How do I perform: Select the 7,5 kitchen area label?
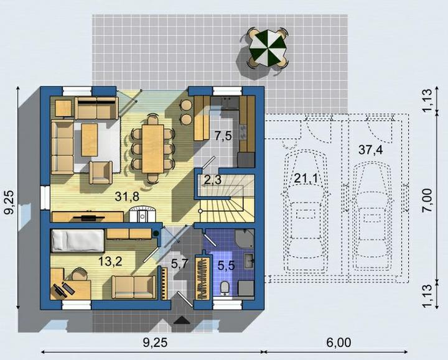click(x=223, y=136)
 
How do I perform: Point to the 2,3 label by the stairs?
click(x=213, y=180)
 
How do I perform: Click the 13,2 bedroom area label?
click(x=110, y=261)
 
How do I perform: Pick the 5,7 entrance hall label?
click(x=179, y=264)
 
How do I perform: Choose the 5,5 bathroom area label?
click(x=226, y=265)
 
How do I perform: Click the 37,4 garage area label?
click(x=371, y=150)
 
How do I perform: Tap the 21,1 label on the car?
click(x=306, y=178)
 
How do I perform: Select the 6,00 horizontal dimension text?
click(x=338, y=343)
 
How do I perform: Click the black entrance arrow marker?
click(x=182, y=320)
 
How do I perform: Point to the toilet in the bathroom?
click(x=225, y=287)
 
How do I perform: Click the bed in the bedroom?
click(x=77, y=241)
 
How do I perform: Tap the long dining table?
click(x=153, y=149)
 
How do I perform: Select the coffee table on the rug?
click(x=90, y=140)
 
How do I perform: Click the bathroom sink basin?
click(x=249, y=261)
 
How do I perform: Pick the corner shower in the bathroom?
click(x=245, y=238)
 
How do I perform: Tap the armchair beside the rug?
click(x=101, y=173)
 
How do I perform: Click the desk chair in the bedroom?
click(x=79, y=274)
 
